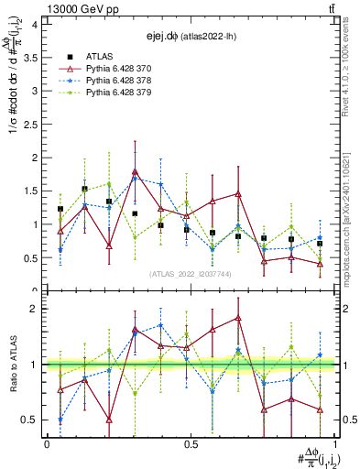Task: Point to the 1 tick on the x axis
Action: coord(334,443)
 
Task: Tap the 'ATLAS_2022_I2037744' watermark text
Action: coord(191,274)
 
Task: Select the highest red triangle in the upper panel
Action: coord(160,171)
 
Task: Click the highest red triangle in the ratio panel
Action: coord(238,318)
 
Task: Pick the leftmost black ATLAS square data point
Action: coord(60,209)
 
